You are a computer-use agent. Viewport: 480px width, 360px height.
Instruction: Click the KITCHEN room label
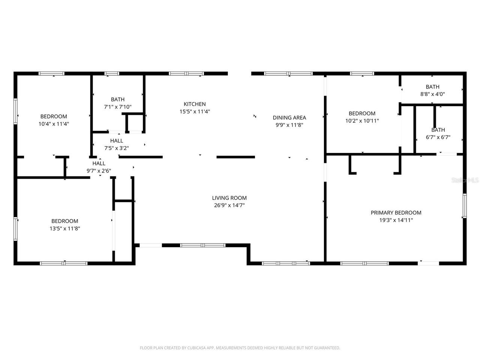[x=194, y=104]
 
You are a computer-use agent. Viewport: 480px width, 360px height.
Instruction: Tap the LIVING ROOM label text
[x=229, y=198]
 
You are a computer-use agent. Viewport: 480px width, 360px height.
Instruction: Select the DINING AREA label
[x=289, y=117]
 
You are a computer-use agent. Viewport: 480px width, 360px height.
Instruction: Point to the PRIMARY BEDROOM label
[x=396, y=213]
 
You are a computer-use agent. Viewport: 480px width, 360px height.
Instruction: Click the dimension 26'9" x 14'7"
[x=229, y=205]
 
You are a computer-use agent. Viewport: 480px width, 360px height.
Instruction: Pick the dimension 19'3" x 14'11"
[x=396, y=220]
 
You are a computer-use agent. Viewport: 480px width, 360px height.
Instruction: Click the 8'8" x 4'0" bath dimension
[x=432, y=94]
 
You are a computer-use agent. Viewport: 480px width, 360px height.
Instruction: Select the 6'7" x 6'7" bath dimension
[x=438, y=137]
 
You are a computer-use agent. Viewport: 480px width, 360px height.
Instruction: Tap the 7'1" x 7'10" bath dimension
[x=117, y=106]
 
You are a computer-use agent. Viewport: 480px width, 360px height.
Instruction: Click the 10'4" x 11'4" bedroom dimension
[x=54, y=123]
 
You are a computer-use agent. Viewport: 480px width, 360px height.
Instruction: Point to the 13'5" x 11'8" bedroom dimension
[x=64, y=228]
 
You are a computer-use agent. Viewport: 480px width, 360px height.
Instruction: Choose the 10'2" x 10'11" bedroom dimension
[x=362, y=121]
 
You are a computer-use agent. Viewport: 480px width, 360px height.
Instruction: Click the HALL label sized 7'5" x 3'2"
[x=117, y=141]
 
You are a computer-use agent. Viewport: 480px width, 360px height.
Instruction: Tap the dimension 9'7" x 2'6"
[x=99, y=171]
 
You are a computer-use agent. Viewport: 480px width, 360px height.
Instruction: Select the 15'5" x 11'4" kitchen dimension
[x=194, y=111]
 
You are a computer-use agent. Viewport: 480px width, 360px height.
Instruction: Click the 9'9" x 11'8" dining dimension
[x=289, y=125]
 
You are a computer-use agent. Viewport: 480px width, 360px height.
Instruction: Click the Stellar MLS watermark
[x=465, y=180]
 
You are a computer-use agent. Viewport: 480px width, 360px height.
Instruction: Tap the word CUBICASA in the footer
[x=199, y=348]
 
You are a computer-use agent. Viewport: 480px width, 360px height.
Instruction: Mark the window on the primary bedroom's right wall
[x=464, y=205]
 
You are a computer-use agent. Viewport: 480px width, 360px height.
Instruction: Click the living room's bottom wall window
[x=203, y=245]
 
